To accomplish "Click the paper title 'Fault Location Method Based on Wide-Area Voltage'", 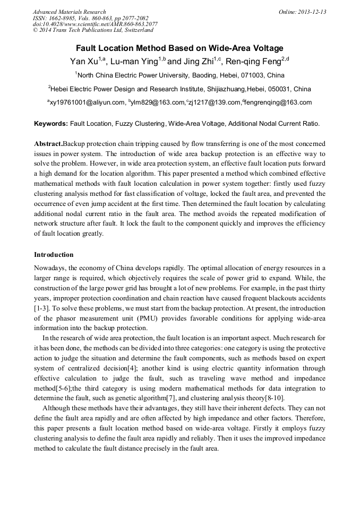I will (179, 48).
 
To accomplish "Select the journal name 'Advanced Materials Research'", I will (69, 12).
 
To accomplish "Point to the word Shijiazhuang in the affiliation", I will (224, 89).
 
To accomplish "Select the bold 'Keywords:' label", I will (51, 124).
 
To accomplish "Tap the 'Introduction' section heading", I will (54, 255).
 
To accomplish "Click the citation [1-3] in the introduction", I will (41, 308).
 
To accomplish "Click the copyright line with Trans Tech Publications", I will (93, 30).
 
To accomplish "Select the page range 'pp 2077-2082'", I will (127, 18).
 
